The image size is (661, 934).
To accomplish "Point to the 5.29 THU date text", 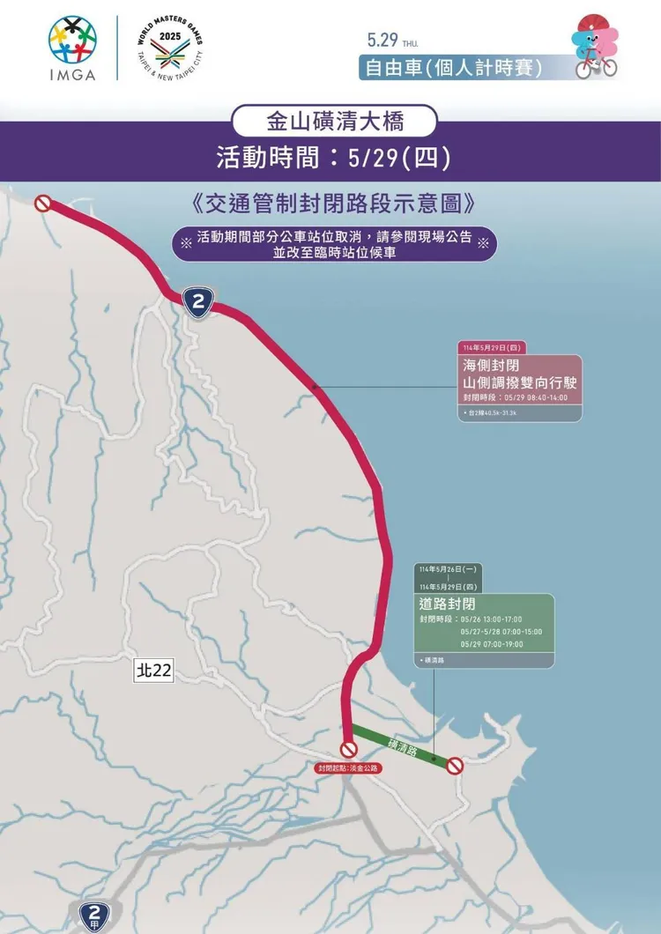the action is (x=393, y=41).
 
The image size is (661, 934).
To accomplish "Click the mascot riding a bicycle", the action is (x=596, y=46).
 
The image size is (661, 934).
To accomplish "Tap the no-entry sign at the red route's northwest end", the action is (x=42, y=204).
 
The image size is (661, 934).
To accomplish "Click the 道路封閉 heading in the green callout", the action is (x=448, y=604).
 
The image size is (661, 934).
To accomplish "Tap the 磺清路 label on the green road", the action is (x=405, y=746).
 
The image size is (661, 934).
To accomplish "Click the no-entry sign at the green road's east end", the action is (x=455, y=766).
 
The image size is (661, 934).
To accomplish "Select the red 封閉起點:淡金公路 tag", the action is (x=349, y=768).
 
